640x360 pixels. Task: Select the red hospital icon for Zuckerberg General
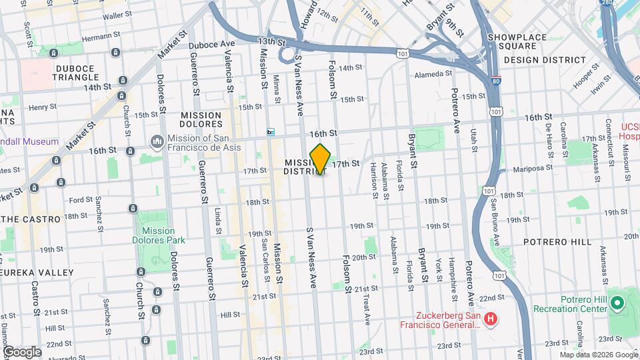[x=491, y=319]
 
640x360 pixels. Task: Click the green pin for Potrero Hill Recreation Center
[x=617, y=304]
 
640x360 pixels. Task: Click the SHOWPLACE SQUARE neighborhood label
[x=516, y=42]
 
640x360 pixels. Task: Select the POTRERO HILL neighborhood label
[x=557, y=241]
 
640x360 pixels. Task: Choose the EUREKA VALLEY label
[x=37, y=273]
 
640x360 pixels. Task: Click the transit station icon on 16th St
[x=271, y=132]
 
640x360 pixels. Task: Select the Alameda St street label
[x=433, y=74]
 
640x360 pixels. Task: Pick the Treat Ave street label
[x=366, y=310]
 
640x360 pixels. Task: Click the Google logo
[x=21, y=351]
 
